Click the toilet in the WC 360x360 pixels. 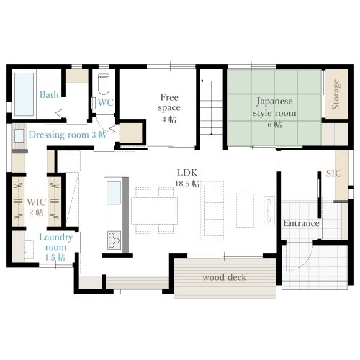pyautogui.click(x=104, y=84)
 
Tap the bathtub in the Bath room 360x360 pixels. pyautogui.click(x=24, y=94)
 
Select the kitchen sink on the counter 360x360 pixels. pyautogui.click(x=114, y=193)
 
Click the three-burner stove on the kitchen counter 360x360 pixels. pyautogui.click(x=114, y=240)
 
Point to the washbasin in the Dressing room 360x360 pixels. pyautogui.click(x=19, y=135)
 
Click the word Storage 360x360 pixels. pyautogui.click(x=336, y=94)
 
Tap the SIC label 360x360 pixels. pyautogui.click(x=333, y=174)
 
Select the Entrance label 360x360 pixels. pyautogui.click(x=301, y=223)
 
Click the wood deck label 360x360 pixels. pyautogui.click(x=225, y=277)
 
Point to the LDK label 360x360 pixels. pyautogui.click(x=187, y=173)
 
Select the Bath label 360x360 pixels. pyautogui.click(x=49, y=94)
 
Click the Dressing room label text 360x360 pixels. pyautogui.click(x=59, y=135)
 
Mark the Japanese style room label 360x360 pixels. pyautogui.click(x=274, y=107)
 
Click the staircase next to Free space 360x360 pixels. pyautogui.click(x=212, y=108)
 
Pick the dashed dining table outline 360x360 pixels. pyautogui.click(x=155, y=211)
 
